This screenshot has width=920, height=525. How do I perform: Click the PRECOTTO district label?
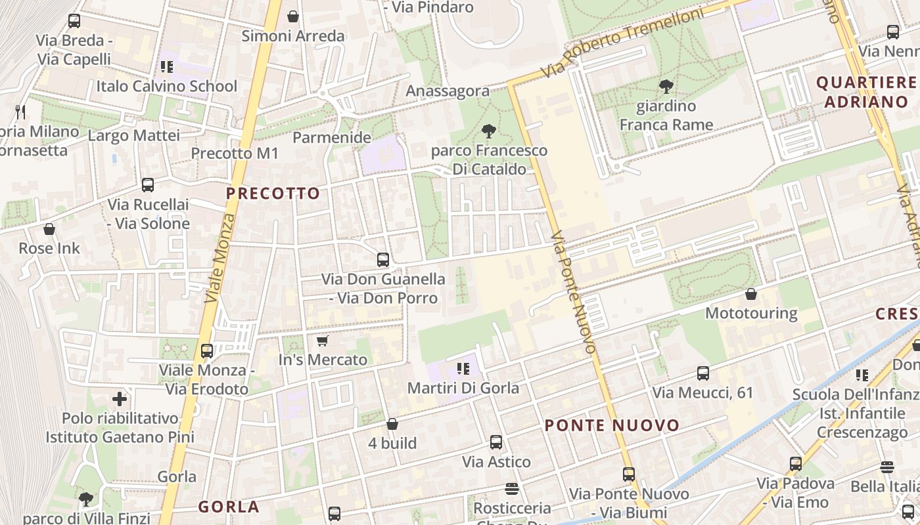click(273, 193)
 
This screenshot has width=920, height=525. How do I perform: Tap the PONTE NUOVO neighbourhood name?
click(612, 425)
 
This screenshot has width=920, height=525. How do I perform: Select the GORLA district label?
click(229, 507)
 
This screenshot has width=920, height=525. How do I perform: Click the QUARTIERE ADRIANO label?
click(866, 92)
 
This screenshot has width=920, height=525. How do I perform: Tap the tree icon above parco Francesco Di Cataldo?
click(488, 131)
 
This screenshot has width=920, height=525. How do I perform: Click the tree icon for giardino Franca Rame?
click(666, 86)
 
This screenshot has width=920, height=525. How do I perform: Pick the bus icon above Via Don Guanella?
click(383, 259)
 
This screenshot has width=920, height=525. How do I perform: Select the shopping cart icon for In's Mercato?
click(322, 341)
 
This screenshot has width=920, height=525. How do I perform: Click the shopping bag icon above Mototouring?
click(750, 294)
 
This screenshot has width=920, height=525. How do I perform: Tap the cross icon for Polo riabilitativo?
click(120, 398)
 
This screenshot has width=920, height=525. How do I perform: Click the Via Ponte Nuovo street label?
click(573, 291)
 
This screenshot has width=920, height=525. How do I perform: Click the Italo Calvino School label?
click(167, 86)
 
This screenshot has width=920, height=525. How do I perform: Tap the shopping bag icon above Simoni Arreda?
click(293, 16)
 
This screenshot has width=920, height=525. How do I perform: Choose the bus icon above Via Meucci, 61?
click(702, 373)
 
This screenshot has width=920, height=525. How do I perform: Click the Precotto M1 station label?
click(235, 154)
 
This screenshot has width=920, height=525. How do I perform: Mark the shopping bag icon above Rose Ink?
click(49, 229)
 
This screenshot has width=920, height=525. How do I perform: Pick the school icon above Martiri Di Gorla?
click(463, 369)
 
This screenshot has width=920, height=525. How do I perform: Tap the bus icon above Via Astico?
click(496, 442)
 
